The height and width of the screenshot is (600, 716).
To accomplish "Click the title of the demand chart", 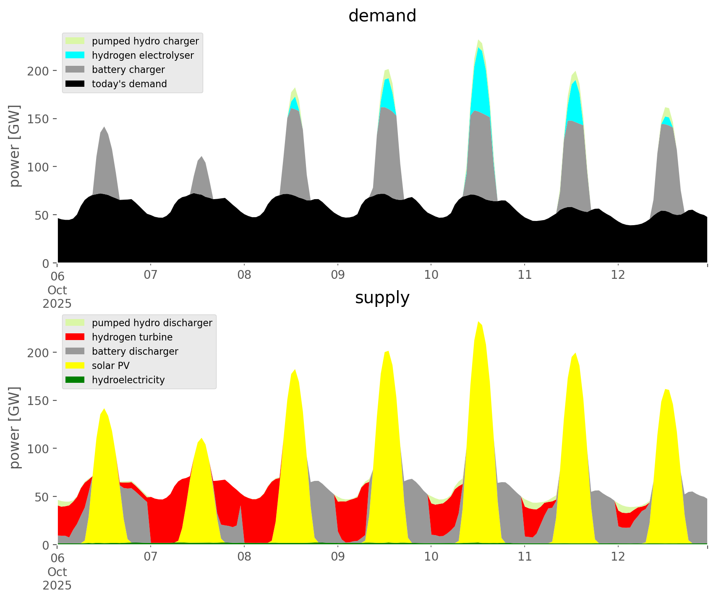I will point(382,16).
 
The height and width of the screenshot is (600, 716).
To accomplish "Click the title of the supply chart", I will point(382,298).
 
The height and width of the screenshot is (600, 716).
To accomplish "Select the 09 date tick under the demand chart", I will point(337,275).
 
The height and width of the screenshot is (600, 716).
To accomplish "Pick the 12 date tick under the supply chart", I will point(618,557).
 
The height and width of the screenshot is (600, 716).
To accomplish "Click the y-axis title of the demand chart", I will point(15,146).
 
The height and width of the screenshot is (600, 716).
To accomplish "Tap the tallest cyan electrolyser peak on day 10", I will point(479,75).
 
